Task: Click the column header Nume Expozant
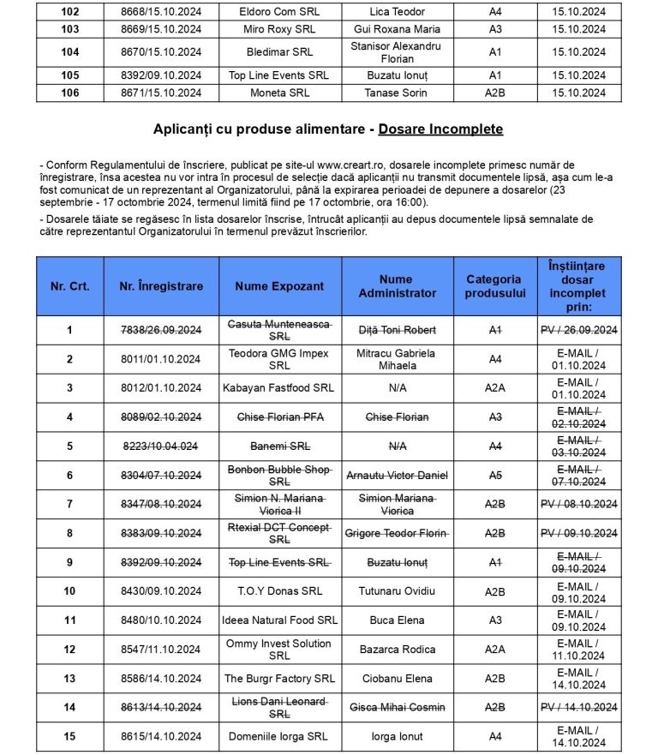279,286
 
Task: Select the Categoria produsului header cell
493,286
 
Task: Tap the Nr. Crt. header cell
69,286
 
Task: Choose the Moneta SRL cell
279,93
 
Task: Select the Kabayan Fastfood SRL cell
279,388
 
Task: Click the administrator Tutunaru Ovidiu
396,591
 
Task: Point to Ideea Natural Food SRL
279,620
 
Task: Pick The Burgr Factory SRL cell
279,679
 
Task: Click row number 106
69,93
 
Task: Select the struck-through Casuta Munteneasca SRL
279,330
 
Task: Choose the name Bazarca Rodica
396,650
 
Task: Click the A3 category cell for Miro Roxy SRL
494,29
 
